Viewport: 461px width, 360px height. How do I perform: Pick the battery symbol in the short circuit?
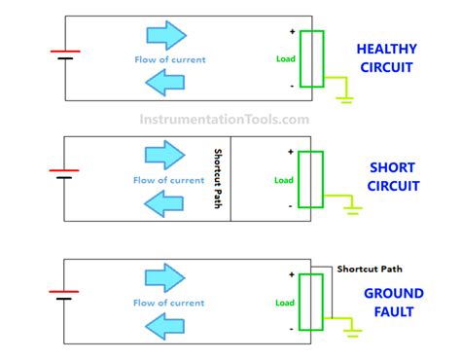pos(65,173)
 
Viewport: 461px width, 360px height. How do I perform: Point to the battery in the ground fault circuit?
pos(65,295)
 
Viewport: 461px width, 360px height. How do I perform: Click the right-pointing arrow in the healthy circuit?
pos(164,36)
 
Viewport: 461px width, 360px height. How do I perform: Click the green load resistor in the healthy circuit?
pos(310,58)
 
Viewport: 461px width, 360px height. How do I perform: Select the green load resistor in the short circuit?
pos(310,179)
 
